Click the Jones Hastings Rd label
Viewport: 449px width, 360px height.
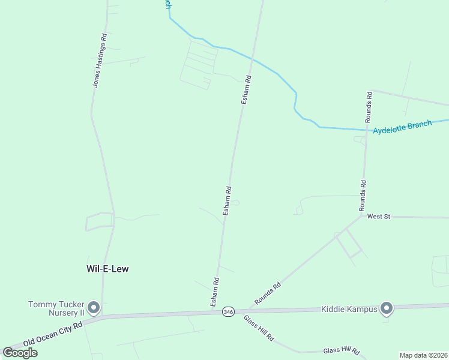pyautogui.click(x=100, y=60)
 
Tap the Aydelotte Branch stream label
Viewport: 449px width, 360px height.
pyautogui.click(x=402, y=127)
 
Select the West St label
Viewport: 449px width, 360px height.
pyautogui.click(x=379, y=216)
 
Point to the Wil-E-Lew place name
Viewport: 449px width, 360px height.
pyautogui.click(x=108, y=269)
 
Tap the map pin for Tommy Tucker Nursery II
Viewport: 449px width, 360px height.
pyautogui.click(x=93, y=308)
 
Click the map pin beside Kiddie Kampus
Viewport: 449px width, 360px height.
pyautogui.click(x=386, y=308)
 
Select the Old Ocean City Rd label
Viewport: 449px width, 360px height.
pyautogui.click(x=53, y=334)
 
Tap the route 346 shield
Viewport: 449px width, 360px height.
pyautogui.click(x=228, y=312)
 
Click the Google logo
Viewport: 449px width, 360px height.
pyautogui.click(x=20, y=353)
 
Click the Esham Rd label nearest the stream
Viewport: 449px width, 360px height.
pyautogui.click(x=246, y=89)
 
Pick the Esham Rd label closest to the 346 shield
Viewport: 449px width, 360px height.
pyautogui.click(x=214, y=292)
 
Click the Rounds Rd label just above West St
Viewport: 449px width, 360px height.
pyautogui.click(x=363, y=196)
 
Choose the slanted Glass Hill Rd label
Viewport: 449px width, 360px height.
pyautogui.click(x=259, y=328)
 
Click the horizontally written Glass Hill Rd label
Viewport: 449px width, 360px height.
pyautogui.click(x=341, y=351)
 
